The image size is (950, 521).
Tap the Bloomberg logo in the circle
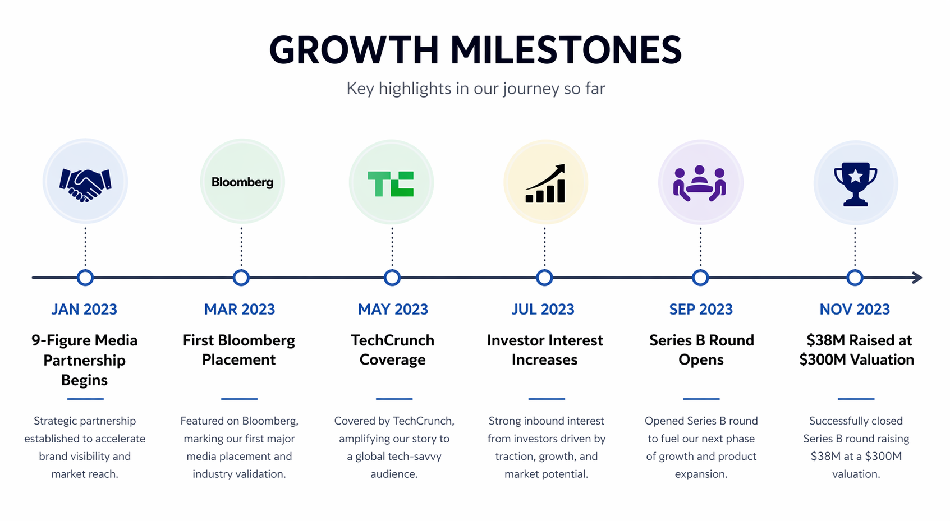point(242,182)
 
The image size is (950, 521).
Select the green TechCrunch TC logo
point(391,184)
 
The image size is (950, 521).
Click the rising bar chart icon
point(545,184)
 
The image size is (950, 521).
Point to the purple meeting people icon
point(700,183)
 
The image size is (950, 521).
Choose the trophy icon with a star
point(855,184)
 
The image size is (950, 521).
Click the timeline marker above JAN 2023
point(85,278)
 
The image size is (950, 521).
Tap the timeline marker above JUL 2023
point(544,278)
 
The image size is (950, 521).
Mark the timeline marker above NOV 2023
point(855,278)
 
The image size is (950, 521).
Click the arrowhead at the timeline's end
point(917,278)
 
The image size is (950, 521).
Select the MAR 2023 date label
point(240,310)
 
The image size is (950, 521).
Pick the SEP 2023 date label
point(701,310)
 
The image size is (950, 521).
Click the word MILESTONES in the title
point(566,50)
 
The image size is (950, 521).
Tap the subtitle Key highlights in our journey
point(475,89)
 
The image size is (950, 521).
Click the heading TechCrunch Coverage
point(392,350)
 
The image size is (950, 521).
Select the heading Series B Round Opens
point(701,350)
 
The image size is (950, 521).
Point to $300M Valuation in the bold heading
point(856,360)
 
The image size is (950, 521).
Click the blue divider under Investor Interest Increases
point(546,399)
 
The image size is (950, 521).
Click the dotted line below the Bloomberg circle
point(241,247)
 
